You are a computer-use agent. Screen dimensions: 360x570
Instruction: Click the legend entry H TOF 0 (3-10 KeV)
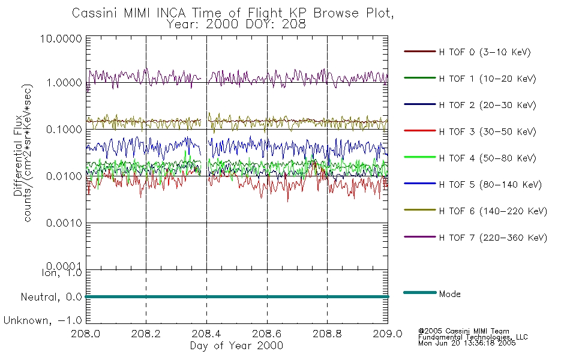(485, 52)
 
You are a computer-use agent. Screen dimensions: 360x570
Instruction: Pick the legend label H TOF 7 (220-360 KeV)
(493, 238)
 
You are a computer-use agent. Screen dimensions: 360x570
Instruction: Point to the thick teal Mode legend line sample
(419, 293)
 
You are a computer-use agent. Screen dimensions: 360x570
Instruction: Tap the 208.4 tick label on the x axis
(206, 334)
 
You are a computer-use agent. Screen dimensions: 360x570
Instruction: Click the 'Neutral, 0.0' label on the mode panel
(51, 297)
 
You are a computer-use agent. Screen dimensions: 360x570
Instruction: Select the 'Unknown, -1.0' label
(43, 320)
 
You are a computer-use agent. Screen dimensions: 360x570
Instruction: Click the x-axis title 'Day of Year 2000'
(236, 346)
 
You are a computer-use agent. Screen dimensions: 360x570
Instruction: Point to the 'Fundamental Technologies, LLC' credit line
(473, 337)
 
